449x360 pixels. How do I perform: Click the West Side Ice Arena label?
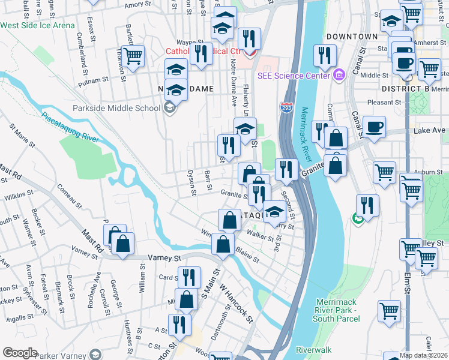pos(38,25)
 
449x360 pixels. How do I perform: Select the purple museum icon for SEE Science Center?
pos(339,75)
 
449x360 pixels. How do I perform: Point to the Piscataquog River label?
pos(70,126)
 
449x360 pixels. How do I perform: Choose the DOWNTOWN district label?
pos(352,37)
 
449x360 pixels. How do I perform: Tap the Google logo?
pos(20,353)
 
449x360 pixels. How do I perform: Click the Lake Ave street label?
pos(429,130)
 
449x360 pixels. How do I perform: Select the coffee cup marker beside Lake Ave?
pos(375,127)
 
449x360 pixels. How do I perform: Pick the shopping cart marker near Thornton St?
pos(133,56)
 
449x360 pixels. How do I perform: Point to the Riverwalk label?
pos(313,349)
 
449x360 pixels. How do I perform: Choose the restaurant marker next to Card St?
pos(190,277)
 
